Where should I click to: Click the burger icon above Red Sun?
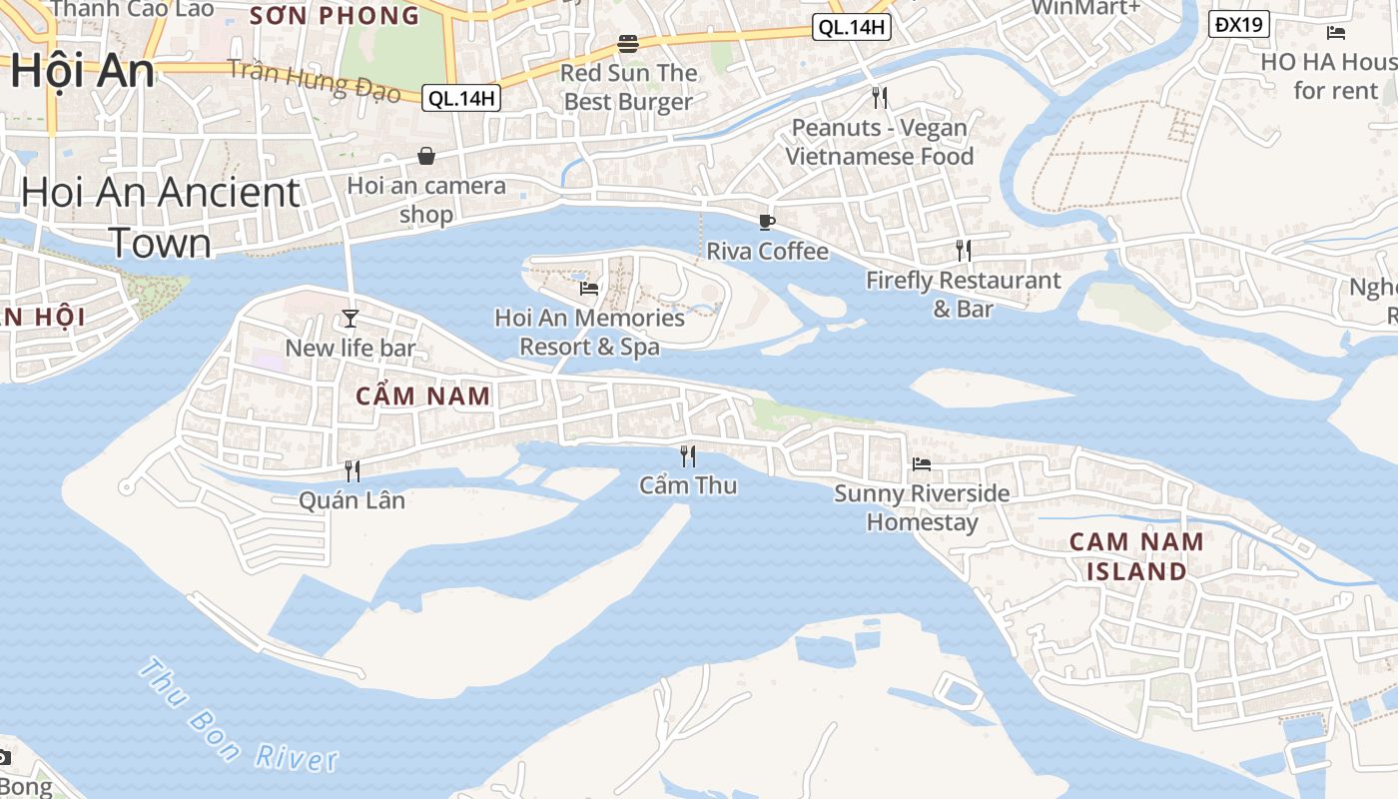(x=628, y=44)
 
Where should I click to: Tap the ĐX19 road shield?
(x=1239, y=24)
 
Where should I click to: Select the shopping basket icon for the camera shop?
(x=426, y=156)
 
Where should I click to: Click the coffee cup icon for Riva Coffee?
(x=767, y=222)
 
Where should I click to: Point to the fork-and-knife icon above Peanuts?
(x=880, y=98)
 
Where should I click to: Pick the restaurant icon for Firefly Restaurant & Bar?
(x=964, y=251)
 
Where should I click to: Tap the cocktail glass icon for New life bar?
(x=350, y=319)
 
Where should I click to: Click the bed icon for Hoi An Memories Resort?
(x=589, y=289)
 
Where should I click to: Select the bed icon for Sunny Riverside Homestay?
(x=922, y=464)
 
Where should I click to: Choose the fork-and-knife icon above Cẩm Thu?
(x=688, y=456)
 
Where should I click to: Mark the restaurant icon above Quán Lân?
(x=352, y=471)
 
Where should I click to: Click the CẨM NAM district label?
(x=423, y=396)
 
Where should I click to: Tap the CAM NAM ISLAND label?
(x=1127, y=556)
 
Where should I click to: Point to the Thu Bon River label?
(x=238, y=716)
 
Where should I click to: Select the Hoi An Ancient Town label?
(x=160, y=217)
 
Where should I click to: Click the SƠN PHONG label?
(x=334, y=16)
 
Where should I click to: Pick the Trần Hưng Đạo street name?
(x=314, y=80)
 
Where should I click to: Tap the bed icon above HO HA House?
(x=1336, y=33)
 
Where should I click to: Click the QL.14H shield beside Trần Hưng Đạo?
(x=460, y=98)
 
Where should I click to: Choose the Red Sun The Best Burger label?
(x=628, y=87)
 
